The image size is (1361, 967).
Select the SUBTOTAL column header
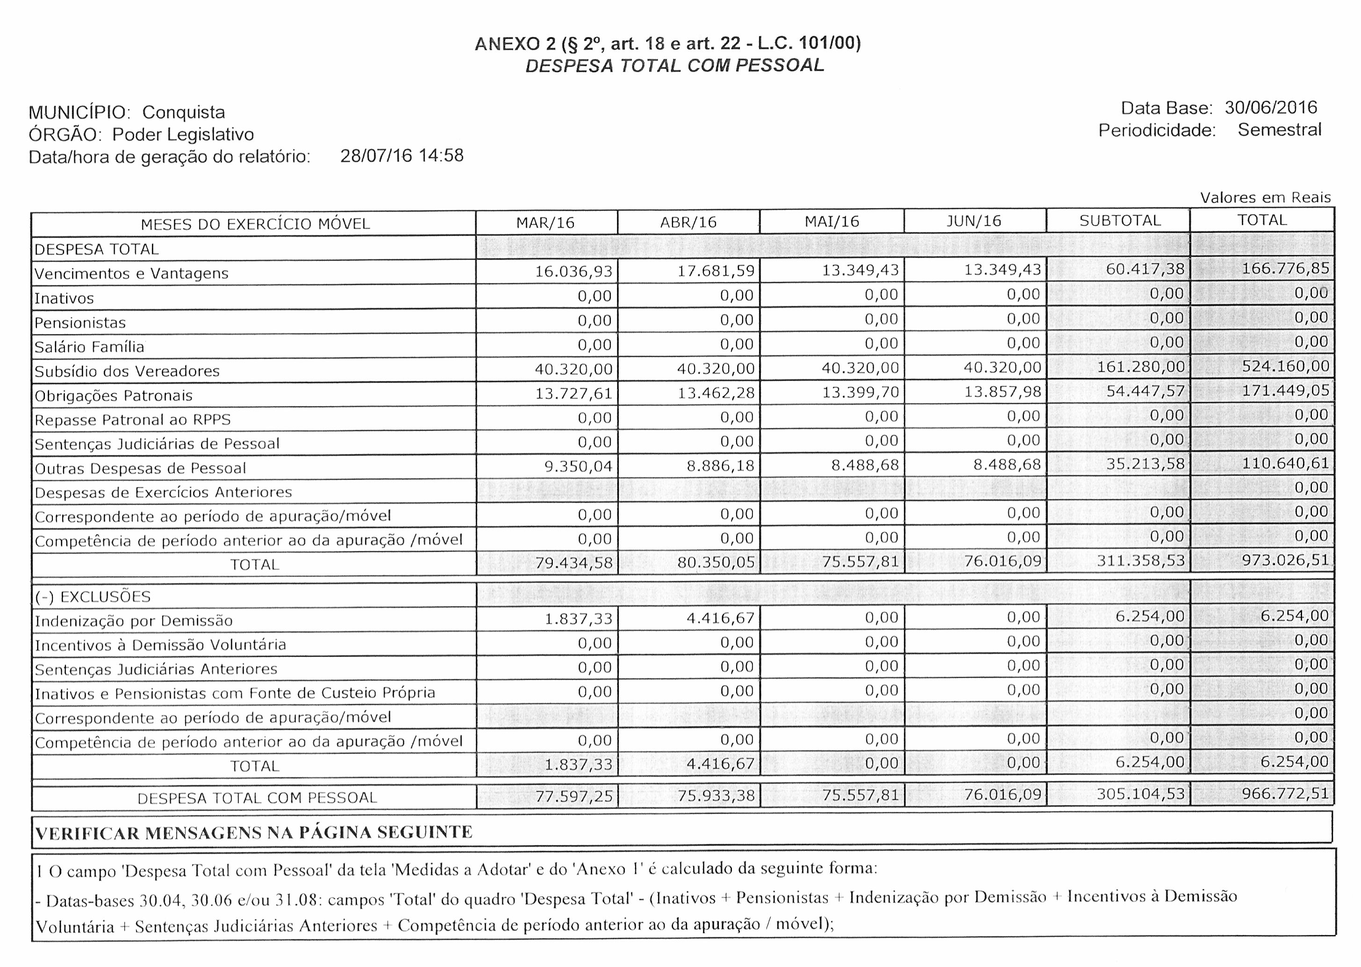click(1120, 220)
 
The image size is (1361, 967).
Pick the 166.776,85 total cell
click(1285, 268)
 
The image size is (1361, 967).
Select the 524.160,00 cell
click(1285, 366)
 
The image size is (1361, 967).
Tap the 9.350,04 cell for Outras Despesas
click(578, 466)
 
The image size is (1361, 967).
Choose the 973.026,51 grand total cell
click(1285, 560)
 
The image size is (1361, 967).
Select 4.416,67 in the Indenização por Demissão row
click(720, 618)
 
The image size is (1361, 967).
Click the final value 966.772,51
click(1285, 793)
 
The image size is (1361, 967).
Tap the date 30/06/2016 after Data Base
click(1270, 107)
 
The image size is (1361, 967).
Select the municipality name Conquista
click(183, 112)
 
